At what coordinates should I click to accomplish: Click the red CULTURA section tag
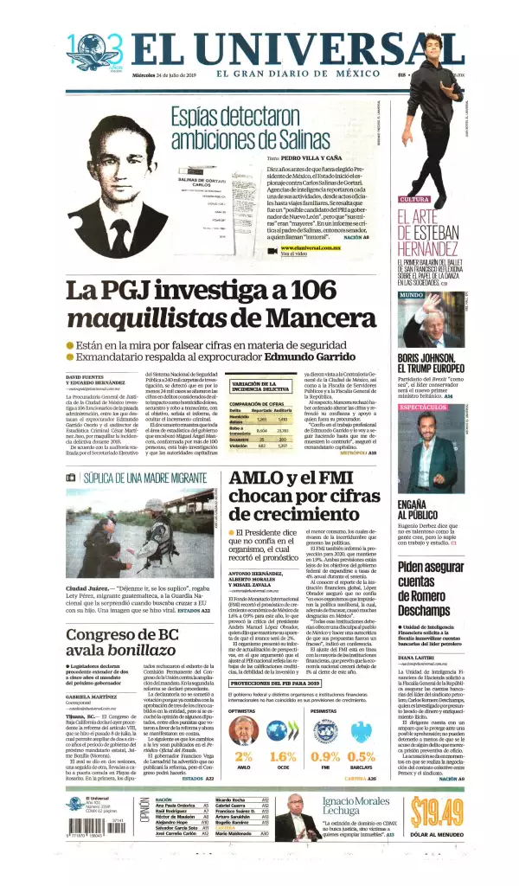[414, 200]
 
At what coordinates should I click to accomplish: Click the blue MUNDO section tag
[411, 295]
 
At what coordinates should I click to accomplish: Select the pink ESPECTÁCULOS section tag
[423, 407]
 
